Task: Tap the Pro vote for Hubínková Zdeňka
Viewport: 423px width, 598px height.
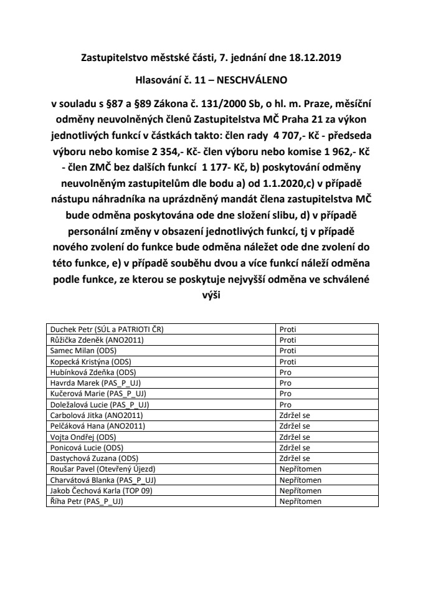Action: coord(285,373)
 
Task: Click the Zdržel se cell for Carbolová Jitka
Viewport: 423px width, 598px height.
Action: coord(295,415)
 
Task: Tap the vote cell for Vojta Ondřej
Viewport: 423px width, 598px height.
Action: coord(295,437)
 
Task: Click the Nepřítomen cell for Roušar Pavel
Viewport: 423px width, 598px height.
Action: coord(300,468)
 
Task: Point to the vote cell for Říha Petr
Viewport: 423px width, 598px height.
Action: coord(300,500)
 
